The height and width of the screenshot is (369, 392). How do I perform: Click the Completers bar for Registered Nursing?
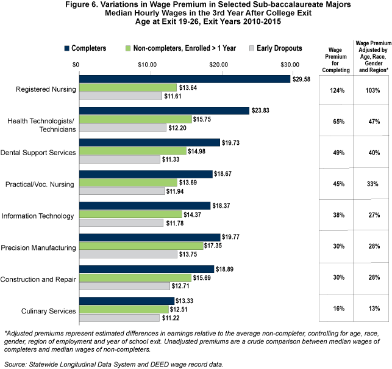183,79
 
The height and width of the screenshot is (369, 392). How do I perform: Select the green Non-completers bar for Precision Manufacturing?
140,246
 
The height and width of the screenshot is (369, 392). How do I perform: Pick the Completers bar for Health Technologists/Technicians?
163,111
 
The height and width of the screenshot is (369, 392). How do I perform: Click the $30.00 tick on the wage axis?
290,64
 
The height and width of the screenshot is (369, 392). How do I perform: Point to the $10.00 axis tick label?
148,64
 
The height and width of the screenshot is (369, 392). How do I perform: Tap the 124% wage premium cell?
336,90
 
